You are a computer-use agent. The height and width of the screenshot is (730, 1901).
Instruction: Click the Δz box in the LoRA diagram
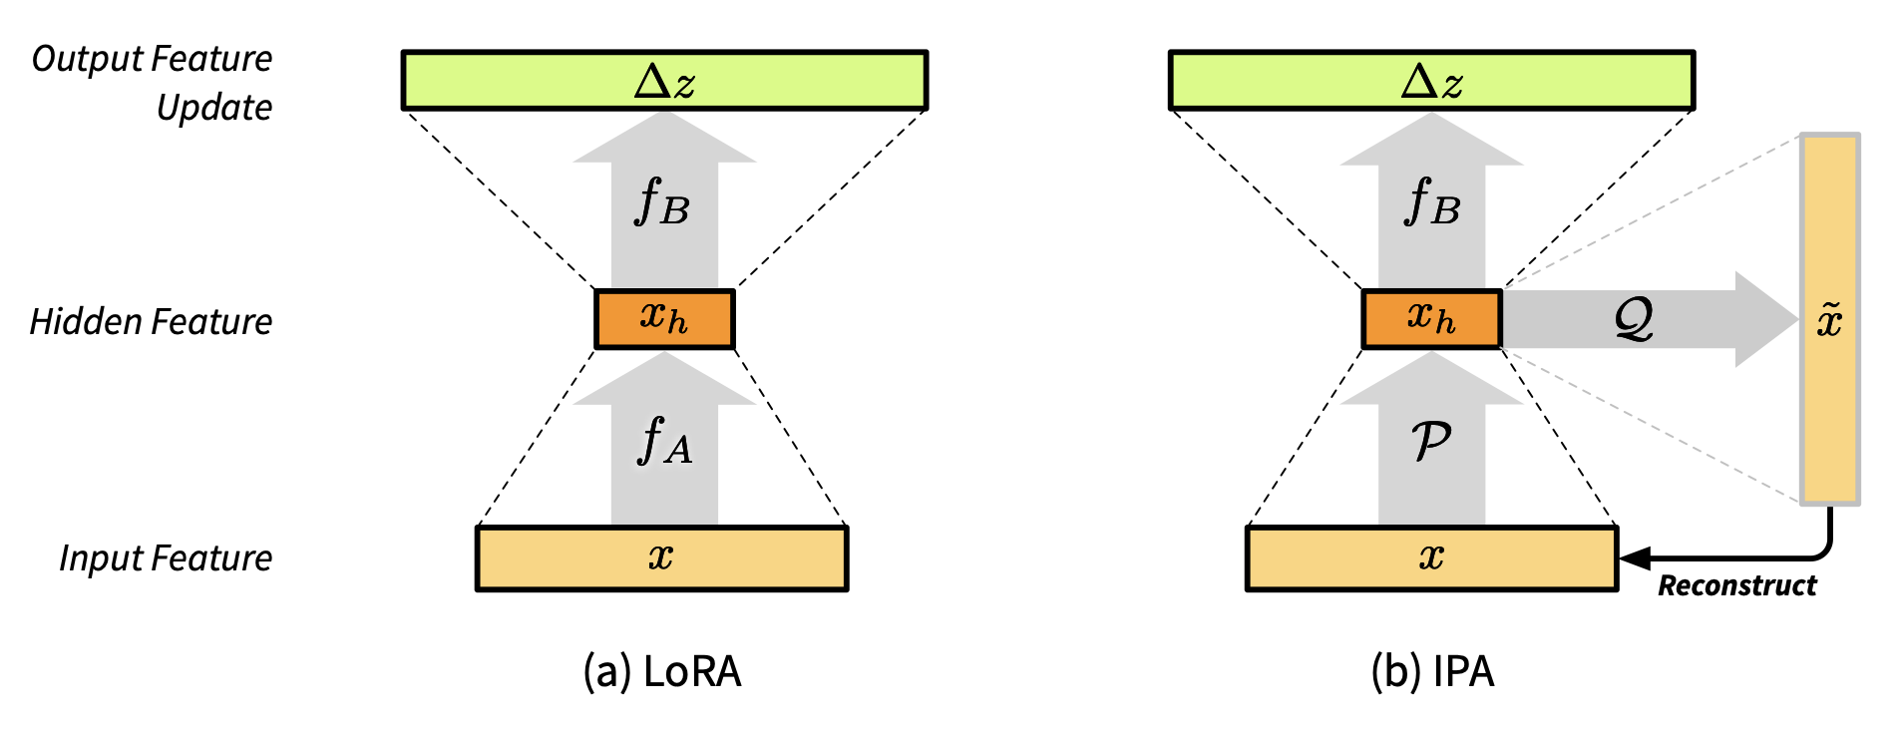point(664,81)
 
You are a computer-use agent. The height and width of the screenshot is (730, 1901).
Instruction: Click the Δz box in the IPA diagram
point(1431,81)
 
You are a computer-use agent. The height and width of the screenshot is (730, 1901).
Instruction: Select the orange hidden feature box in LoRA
point(664,319)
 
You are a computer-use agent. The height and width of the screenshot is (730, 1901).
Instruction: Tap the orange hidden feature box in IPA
point(1431,319)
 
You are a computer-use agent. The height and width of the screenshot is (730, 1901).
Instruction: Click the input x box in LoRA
point(661,558)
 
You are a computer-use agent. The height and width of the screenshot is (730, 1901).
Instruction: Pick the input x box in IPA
point(1431,558)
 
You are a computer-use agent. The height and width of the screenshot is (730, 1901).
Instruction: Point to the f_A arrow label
point(664,441)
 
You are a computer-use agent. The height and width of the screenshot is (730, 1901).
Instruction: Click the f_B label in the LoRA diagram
point(662,202)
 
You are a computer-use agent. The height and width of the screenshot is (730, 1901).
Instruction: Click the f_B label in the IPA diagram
point(1431,202)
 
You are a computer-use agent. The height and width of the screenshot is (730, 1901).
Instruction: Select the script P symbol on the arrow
point(1431,441)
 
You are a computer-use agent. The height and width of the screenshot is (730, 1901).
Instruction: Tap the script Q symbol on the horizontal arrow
point(1634,319)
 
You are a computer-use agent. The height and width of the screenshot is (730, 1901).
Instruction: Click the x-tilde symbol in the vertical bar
point(1829,321)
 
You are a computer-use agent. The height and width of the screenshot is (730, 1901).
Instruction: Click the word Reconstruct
point(1736,586)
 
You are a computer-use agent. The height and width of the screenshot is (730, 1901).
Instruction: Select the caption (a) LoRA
point(662,672)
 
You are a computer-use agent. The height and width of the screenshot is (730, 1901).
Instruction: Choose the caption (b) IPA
point(1432,672)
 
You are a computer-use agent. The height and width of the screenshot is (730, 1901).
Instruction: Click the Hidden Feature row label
point(151,322)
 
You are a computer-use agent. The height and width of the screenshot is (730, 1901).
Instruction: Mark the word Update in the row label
point(214,108)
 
